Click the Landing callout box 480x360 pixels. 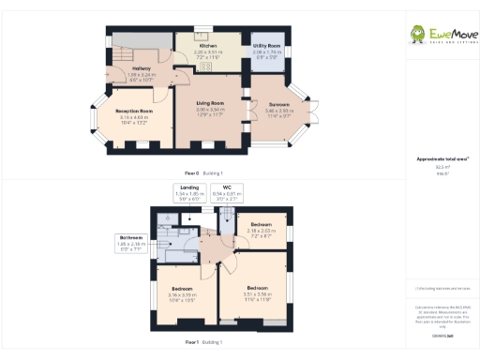(x=190, y=194)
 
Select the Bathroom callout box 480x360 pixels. (x=131, y=242)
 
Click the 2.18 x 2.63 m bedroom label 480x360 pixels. (x=261, y=229)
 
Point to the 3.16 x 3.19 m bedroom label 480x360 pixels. (x=183, y=291)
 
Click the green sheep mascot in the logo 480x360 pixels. (x=417, y=36)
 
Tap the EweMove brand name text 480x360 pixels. (x=449, y=34)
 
